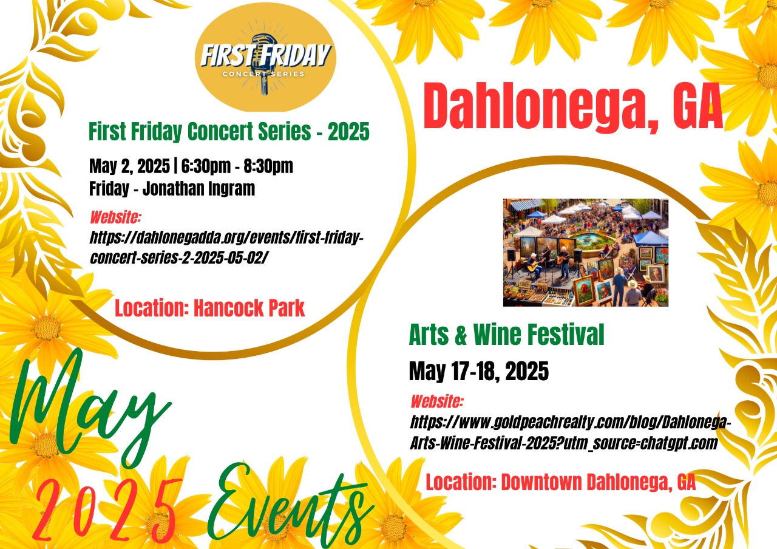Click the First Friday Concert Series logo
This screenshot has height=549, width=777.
point(265,57)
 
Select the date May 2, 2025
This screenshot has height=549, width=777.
point(129,166)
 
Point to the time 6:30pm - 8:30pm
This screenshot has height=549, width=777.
point(237,166)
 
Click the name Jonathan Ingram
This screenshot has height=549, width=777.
point(198,188)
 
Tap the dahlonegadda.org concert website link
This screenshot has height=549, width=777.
point(226,248)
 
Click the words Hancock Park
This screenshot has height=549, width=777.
point(249,308)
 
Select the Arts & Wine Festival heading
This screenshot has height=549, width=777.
point(506,334)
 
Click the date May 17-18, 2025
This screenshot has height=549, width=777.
point(479,371)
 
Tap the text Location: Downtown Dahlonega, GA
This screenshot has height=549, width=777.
point(560,482)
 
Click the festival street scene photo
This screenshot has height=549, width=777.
point(586,252)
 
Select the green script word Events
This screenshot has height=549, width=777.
point(291,506)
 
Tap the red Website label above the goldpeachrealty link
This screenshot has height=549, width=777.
point(436,401)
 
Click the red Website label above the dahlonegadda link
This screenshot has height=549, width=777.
point(115,217)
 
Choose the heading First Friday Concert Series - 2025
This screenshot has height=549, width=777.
point(229,132)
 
